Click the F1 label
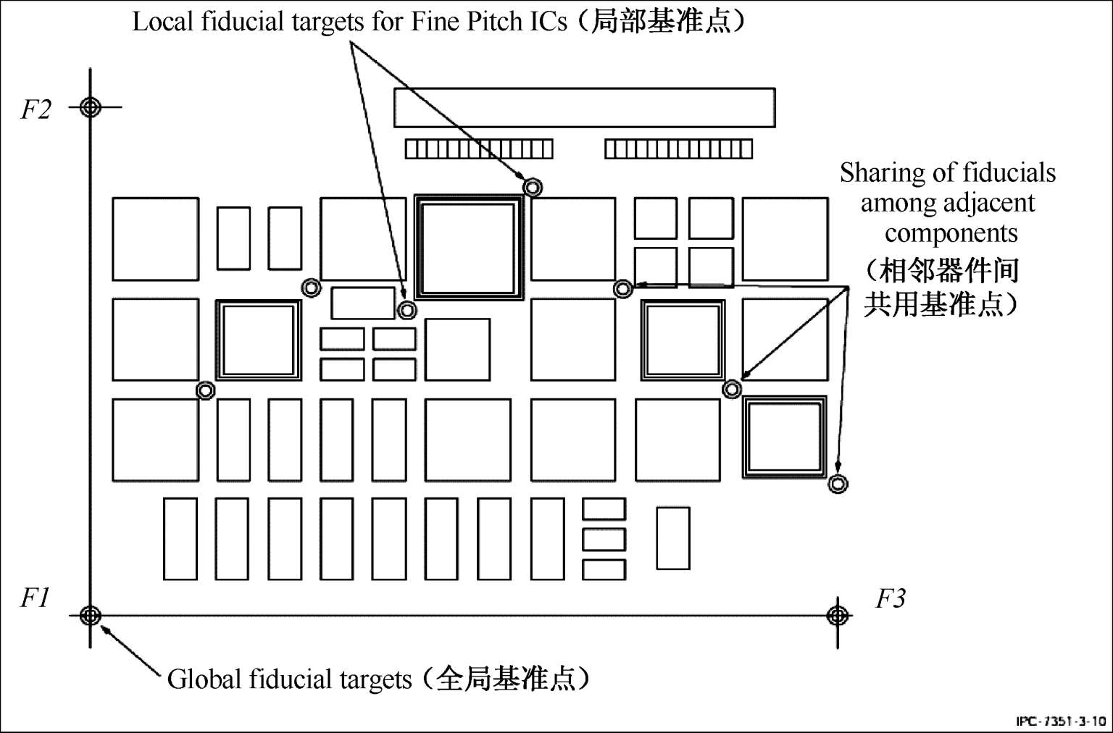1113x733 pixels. pyautogui.click(x=35, y=598)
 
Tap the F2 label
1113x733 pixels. pyautogui.click(x=36, y=109)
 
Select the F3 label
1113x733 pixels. pyautogui.click(x=891, y=598)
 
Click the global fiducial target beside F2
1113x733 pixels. pyautogui.click(x=90, y=106)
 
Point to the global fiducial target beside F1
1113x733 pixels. pyautogui.click(x=90, y=616)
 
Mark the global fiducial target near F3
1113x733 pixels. pyautogui.click(x=837, y=616)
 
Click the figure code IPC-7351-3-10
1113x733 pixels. pyautogui.click(x=1061, y=721)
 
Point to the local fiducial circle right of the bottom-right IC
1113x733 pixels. pyautogui.click(x=838, y=484)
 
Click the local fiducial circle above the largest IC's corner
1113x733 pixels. pyautogui.click(x=533, y=188)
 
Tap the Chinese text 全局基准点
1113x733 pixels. pyautogui.click(x=506, y=679)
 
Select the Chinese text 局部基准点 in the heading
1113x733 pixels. pyautogui.click(x=661, y=21)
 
